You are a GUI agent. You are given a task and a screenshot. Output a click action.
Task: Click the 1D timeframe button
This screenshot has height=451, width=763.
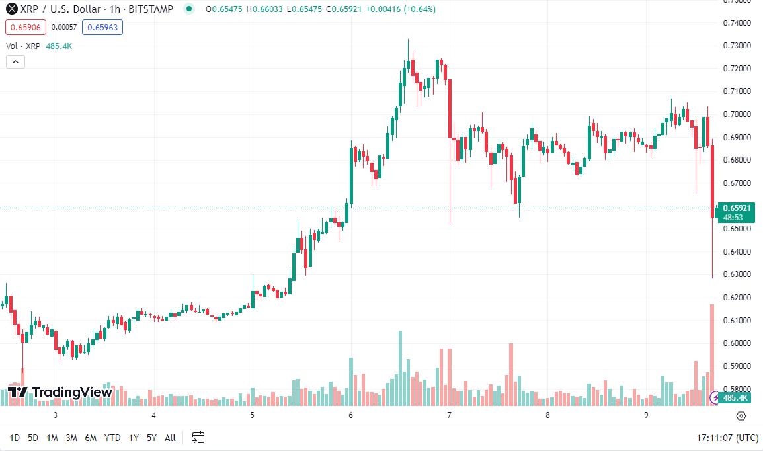(x=15, y=438)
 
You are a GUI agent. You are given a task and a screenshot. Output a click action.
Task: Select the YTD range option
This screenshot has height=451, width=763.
(x=112, y=438)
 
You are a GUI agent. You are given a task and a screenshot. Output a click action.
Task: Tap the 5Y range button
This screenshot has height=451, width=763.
(x=151, y=438)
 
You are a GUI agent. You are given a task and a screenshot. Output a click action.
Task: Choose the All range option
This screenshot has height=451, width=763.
(x=170, y=438)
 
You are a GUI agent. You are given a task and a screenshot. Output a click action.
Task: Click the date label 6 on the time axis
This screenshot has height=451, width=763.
(x=351, y=415)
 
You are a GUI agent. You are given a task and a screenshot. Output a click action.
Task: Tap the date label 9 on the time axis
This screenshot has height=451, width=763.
(x=646, y=415)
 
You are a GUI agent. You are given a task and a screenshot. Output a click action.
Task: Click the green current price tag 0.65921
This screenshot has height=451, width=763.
(x=736, y=208)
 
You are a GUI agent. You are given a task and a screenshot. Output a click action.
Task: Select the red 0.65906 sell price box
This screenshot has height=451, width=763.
(x=24, y=27)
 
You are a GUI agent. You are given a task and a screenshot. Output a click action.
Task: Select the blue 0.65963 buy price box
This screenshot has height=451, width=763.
(x=102, y=27)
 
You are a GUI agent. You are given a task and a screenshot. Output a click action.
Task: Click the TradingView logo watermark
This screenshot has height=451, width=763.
(x=60, y=392)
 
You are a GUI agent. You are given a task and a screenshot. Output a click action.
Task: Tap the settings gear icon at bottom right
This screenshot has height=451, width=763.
(x=741, y=416)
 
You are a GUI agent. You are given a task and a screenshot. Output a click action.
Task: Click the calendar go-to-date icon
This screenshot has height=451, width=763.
(x=198, y=438)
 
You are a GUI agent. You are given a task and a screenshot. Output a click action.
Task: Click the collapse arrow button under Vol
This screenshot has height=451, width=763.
(x=15, y=62)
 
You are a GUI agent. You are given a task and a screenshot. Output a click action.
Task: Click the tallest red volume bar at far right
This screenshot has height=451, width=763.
(x=712, y=354)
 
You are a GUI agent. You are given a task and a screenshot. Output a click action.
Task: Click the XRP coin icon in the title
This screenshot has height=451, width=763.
(x=11, y=9)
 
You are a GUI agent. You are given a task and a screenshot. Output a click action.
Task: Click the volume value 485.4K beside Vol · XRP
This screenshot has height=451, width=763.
(x=59, y=46)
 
